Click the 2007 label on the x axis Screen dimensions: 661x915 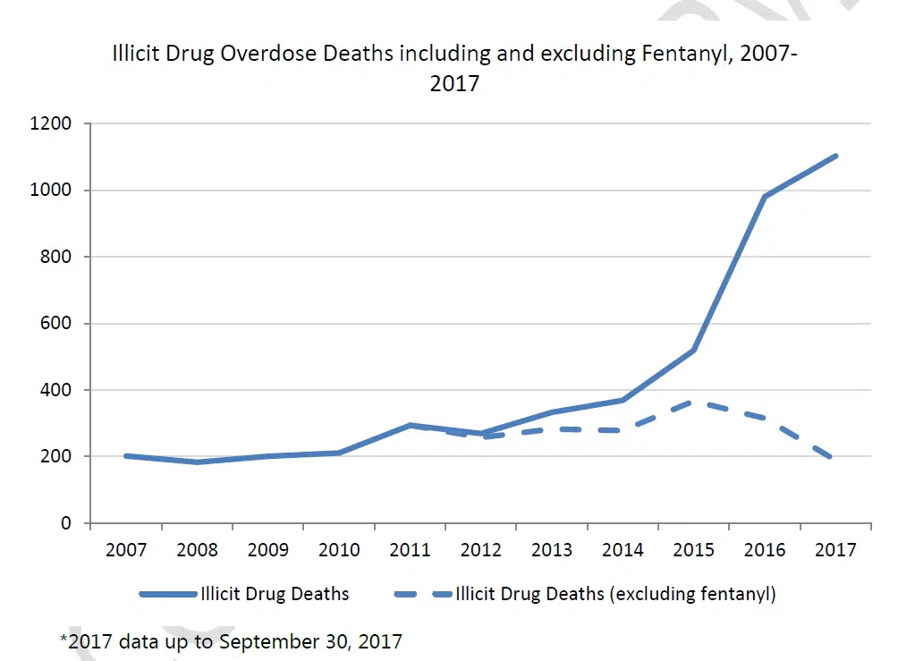click(x=126, y=549)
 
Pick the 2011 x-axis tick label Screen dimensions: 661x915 click(x=411, y=549)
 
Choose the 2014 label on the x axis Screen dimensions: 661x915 click(x=623, y=549)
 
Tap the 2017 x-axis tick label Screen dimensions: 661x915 click(x=836, y=549)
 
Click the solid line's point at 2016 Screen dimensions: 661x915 click(x=766, y=197)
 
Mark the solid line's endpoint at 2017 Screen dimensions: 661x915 click(x=836, y=156)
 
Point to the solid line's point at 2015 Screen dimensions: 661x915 click(x=694, y=350)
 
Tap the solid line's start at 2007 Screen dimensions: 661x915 click(x=126, y=456)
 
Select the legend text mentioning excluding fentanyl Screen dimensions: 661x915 click(x=615, y=594)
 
